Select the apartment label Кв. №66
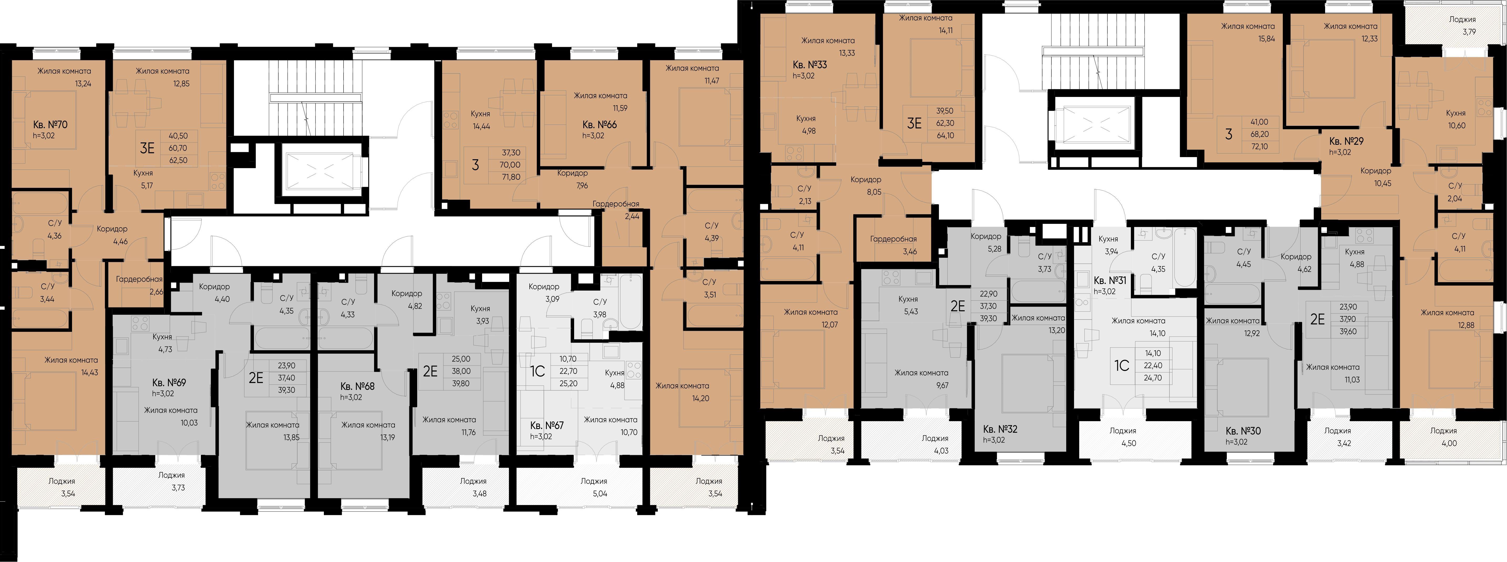pyautogui.click(x=599, y=125)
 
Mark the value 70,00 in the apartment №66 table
pyautogui.click(x=511, y=165)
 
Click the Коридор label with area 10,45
pyautogui.click(x=1375, y=171)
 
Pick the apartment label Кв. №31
pyautogui.click(x=1110, y=280)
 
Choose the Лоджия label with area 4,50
pyautogui.click(x=1123, y=431)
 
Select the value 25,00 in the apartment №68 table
pyautogui.click(x=461, y=359)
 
